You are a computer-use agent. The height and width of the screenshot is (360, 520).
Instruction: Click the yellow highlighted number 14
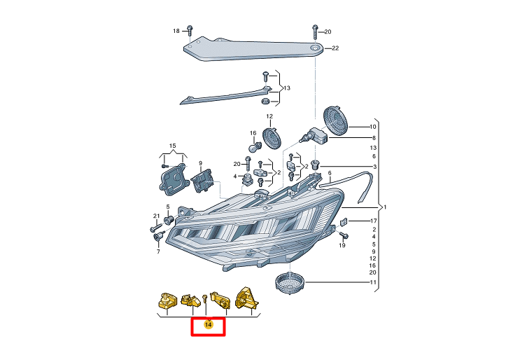click(x=208, y=325)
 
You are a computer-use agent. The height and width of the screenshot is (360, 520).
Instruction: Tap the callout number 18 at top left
click(x=176, y=31)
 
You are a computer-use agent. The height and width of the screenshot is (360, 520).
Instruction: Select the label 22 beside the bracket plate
click(x=335, y=48)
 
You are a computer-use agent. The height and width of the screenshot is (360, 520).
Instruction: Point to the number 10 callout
click(x=373, y=127)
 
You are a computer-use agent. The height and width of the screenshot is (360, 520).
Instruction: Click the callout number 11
click(x=373, y=283)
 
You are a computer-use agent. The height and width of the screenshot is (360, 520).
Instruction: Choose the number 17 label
click(x=373, y=221)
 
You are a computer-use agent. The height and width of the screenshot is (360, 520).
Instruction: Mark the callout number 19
click(x=343, y=246)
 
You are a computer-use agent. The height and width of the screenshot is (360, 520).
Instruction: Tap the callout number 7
click(x=158, y=251)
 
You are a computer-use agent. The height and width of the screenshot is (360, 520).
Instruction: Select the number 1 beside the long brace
click(x=384, y=207)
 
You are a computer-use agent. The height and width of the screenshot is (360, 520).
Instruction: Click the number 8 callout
click(x=374, y=138)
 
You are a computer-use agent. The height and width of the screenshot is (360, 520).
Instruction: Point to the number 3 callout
click(x=374, y=167)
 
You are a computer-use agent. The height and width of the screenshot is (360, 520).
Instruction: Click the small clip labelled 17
click(x=344, y=223)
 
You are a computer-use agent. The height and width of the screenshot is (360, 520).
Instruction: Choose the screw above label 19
click(x=342, y=235)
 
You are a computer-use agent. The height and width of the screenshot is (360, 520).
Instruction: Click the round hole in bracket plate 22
click(x=316, y=48)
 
